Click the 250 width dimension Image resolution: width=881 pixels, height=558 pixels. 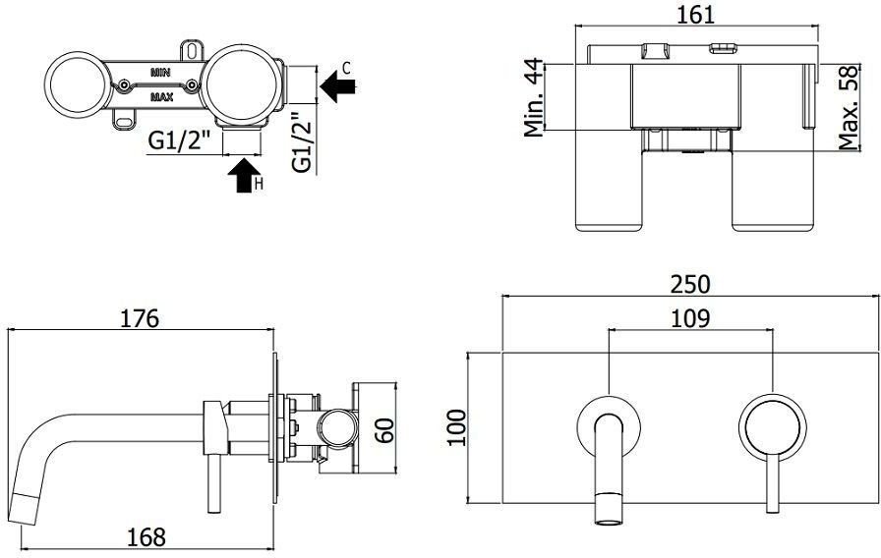[691, 283]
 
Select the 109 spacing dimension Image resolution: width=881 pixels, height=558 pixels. [691, 318]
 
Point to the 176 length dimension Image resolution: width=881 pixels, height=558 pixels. [139, 318]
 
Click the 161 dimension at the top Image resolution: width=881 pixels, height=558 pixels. [696, 14]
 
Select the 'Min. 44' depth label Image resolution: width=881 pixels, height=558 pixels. [534, 97]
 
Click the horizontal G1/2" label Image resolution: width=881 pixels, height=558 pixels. [181, 141]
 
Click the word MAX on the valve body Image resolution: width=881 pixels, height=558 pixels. [162, 97]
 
